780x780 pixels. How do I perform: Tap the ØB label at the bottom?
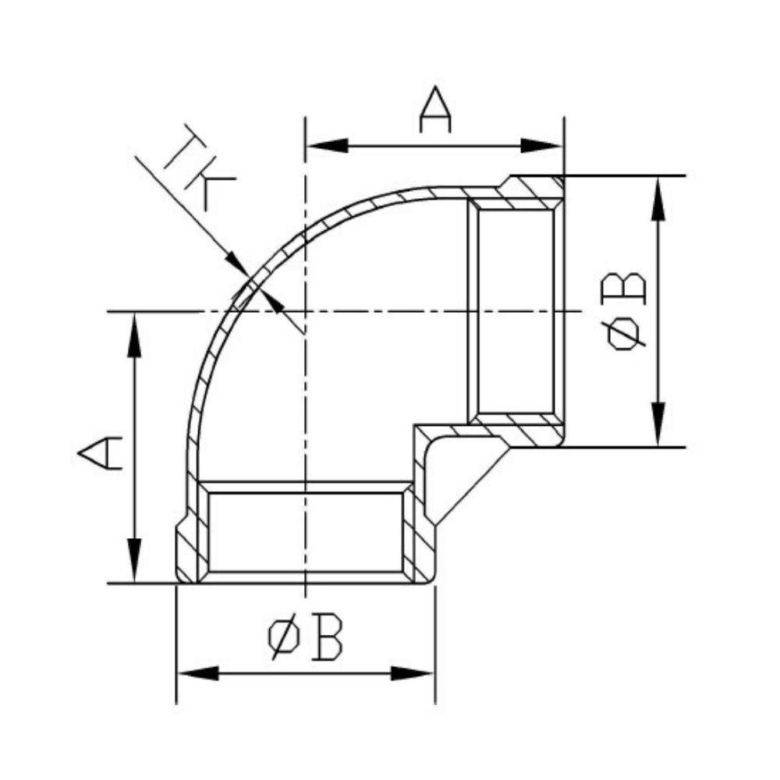[305, 636]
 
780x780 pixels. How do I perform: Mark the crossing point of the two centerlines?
[306, 311]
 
